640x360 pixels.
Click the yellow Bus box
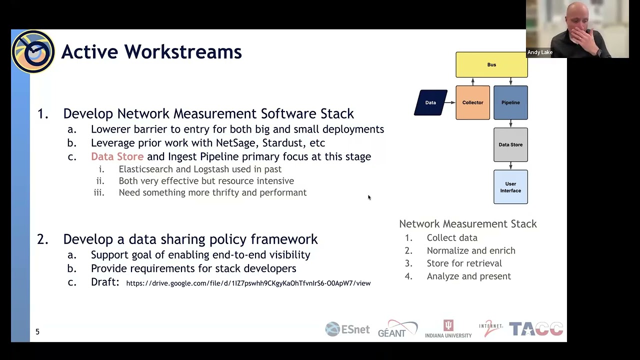[x=491, y=64]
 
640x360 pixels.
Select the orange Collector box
[x=472, y=102]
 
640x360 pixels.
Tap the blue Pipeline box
[x=510, y=102]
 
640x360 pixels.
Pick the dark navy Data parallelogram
[x=430, y=102]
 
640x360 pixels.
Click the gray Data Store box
[x=510, y=144]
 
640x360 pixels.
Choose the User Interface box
[x=510, y=187]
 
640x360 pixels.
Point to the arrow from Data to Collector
[x=451, y=102]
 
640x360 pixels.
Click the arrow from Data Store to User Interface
[x=510, y=166]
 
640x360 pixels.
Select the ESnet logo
[x=347, y=329]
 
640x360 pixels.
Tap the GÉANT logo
[x=397, y=329]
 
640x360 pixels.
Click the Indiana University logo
[x=448, y=329]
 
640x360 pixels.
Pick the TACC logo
[x=536, y=329]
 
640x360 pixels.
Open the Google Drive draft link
[x=248, y=283]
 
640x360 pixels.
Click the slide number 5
[x=37, y=331]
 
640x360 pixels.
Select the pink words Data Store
[x=117, y=156]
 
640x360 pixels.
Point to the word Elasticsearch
[x=145, y=169]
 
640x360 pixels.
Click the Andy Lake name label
[x=540, y=52]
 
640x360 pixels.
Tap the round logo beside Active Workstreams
[x=33, y=52]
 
